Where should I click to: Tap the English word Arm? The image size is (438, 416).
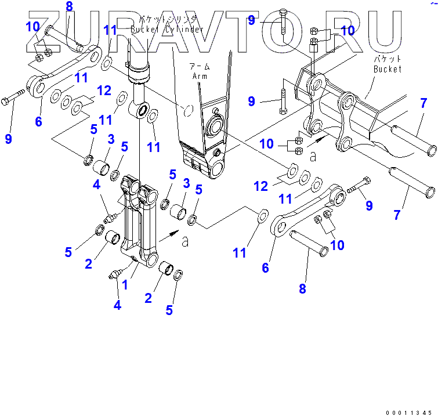pos(199,75)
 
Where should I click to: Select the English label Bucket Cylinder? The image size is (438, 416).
pos(167,29)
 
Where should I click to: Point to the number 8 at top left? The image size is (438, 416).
pos(69,7)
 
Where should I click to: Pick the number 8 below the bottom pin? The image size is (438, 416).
pos(302,288)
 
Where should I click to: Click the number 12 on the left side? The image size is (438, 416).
pos(104,91)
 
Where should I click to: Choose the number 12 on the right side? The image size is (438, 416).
pos(262,186)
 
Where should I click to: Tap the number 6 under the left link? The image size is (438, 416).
pos(38,121)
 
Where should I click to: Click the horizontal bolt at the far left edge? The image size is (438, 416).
pos(15,99)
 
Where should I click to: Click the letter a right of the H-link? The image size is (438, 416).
pos(185,241)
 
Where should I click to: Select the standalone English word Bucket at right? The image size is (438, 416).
pos(387,69)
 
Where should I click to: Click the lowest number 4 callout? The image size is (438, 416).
pos(117,304)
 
